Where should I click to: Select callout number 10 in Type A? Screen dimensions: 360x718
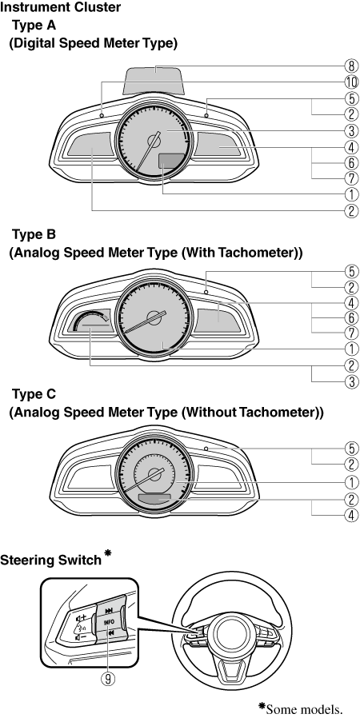pos(351,82)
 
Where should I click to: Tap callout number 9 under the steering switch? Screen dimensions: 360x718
pos(108,679)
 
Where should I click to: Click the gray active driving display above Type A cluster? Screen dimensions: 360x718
pos(156,79)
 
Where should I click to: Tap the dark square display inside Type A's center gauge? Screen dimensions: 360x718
pos(168,161)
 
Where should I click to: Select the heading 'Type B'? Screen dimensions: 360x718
pos(34,235)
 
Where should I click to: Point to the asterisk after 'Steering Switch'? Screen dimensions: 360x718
pos(108,553)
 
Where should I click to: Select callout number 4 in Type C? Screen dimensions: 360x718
pos(351,515)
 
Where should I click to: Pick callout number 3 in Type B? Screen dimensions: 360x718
pos(351,382)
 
